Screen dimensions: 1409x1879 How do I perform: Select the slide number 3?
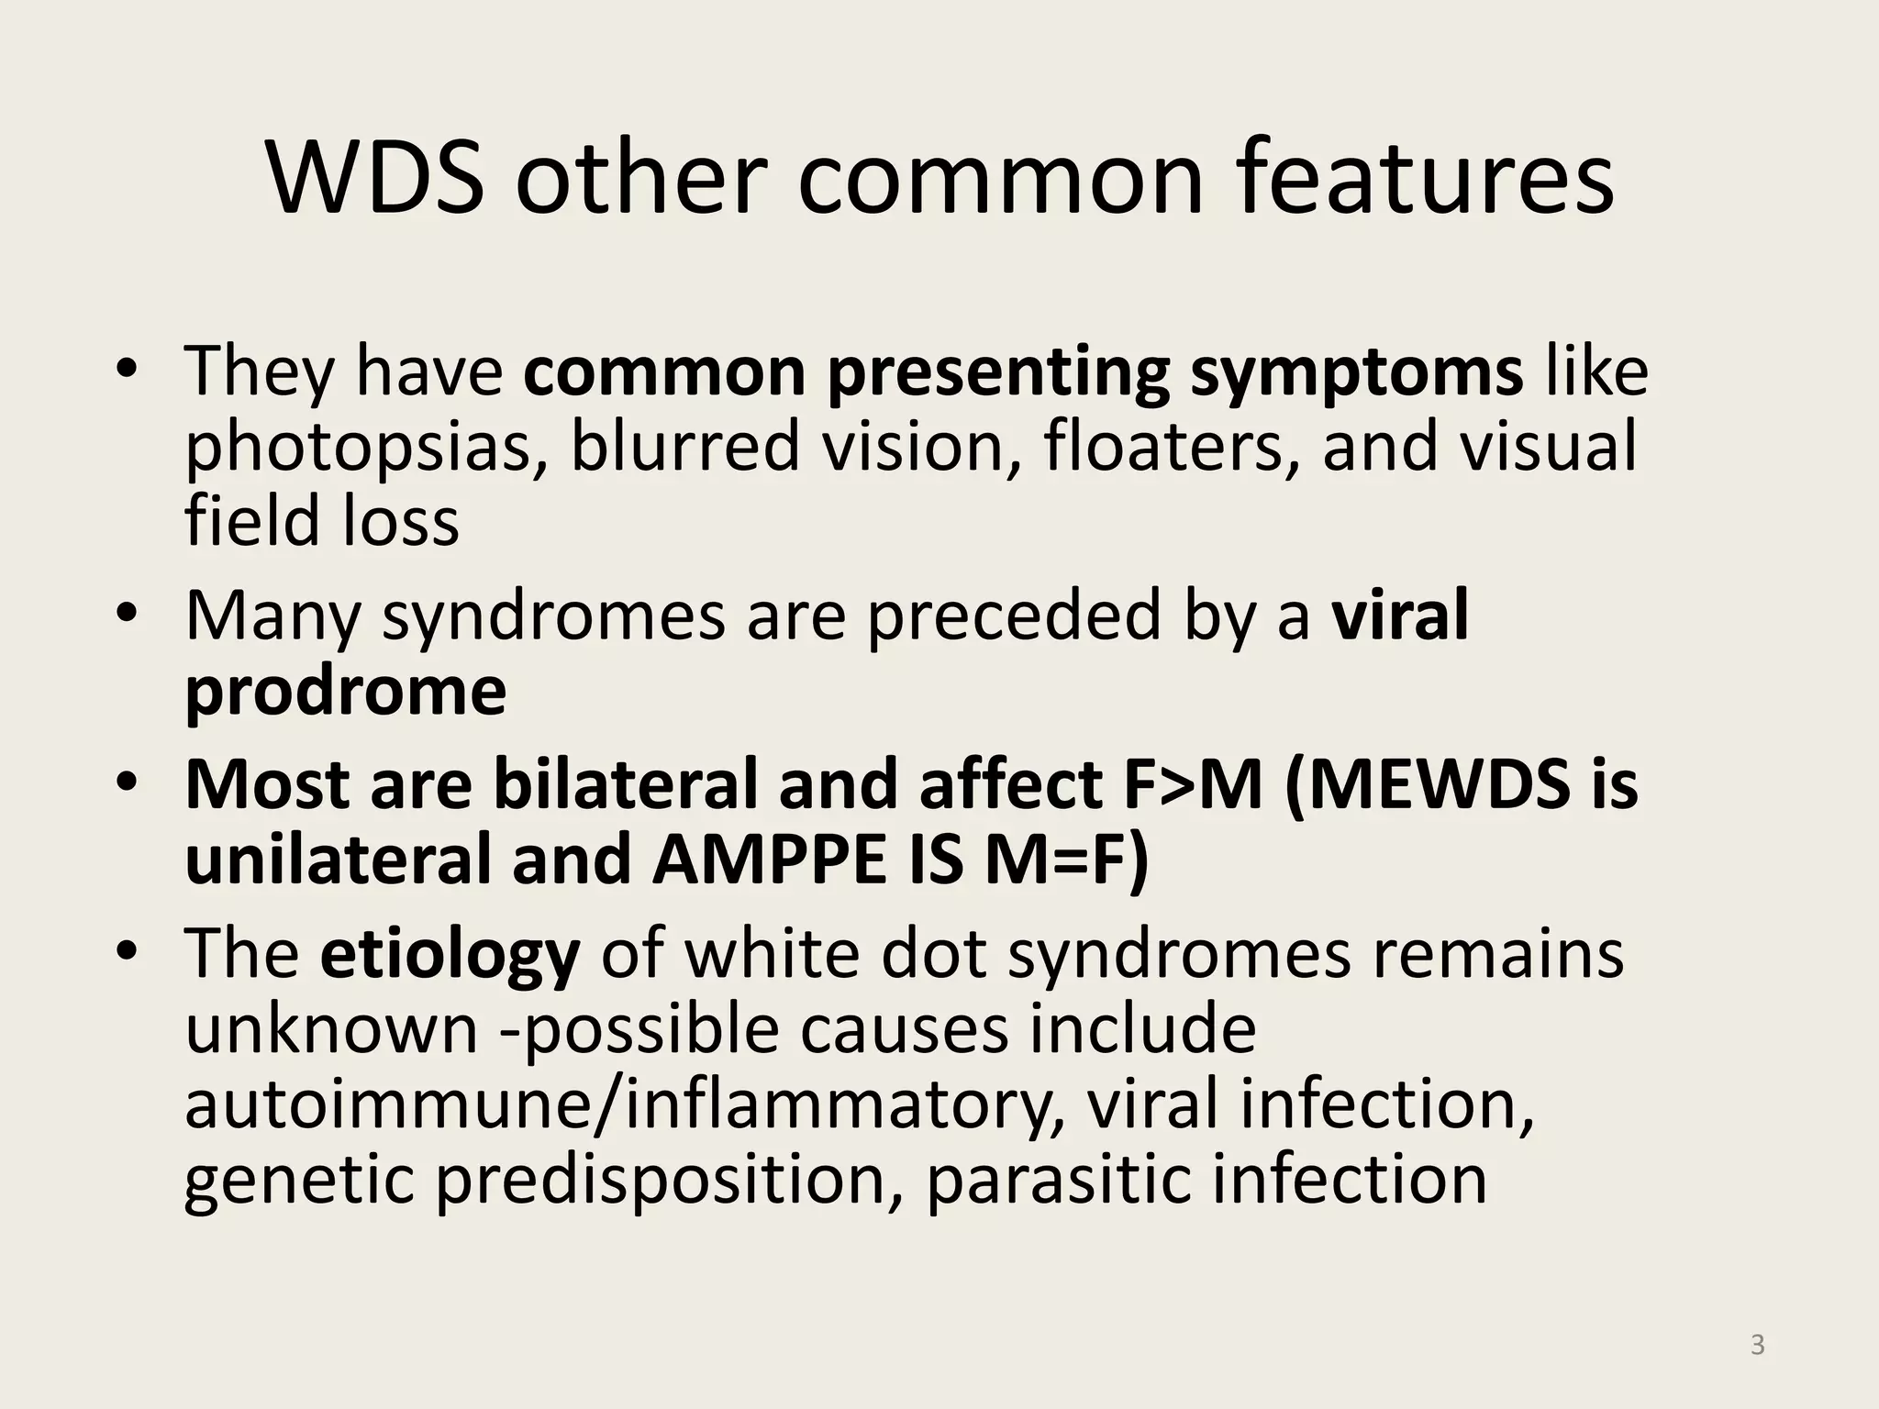click(1757, 1345)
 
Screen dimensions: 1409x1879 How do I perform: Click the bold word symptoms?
click(1356, 372)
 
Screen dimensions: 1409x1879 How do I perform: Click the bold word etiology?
click(450, 955)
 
